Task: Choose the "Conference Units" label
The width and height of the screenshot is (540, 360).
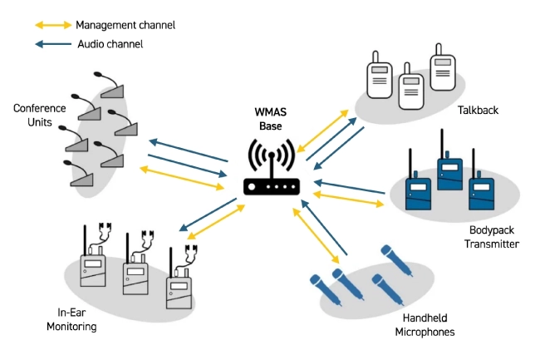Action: pos(32,116)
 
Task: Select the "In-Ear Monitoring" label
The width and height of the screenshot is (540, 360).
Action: pos(77,319)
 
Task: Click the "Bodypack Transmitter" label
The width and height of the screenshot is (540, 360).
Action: pos(488,237)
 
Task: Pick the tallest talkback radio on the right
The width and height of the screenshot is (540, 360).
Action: pos(441,67)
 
